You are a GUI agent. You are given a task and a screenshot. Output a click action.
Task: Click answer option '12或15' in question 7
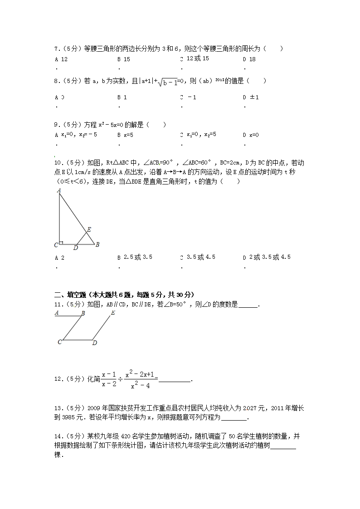tap(198, 59)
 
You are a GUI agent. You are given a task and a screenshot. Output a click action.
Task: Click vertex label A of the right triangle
tap(59, 191)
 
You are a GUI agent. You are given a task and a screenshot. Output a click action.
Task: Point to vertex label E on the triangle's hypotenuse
tap(89, 230)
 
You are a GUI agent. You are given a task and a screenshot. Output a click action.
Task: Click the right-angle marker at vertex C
tap(61, 242)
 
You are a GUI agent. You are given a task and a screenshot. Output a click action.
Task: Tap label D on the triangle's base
tap(75, 248)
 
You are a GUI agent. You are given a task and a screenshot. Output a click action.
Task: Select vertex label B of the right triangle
tap(97, 245)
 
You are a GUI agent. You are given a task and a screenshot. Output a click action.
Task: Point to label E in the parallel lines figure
tap(113, 313)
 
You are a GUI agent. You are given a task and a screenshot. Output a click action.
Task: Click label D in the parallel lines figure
tap(95, 343)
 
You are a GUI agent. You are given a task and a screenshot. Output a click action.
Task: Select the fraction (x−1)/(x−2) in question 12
tap(109, 379)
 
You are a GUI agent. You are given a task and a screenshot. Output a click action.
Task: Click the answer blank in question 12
tap(175, 380)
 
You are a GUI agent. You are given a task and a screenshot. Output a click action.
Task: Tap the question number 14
tap(58, 436)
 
